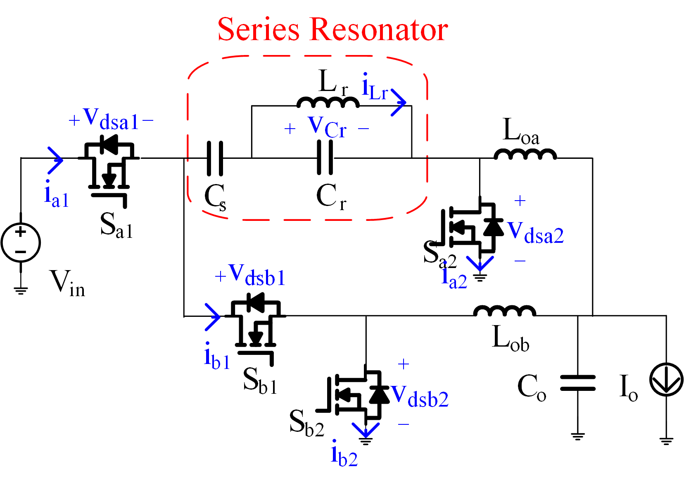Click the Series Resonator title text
pos(332,29)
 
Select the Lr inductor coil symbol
pos(328,102)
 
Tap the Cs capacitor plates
pos(215,158)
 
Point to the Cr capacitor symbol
pos(325,158)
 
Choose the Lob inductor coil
pos(505,311)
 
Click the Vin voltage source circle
pos(21,243)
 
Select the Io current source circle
pos(666,380)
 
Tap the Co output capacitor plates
pos(578,383)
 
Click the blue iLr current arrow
pos(399,102)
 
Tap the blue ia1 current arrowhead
pos(55,160)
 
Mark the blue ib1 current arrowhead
pos(212,317)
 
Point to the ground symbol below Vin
pos(21,290)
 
